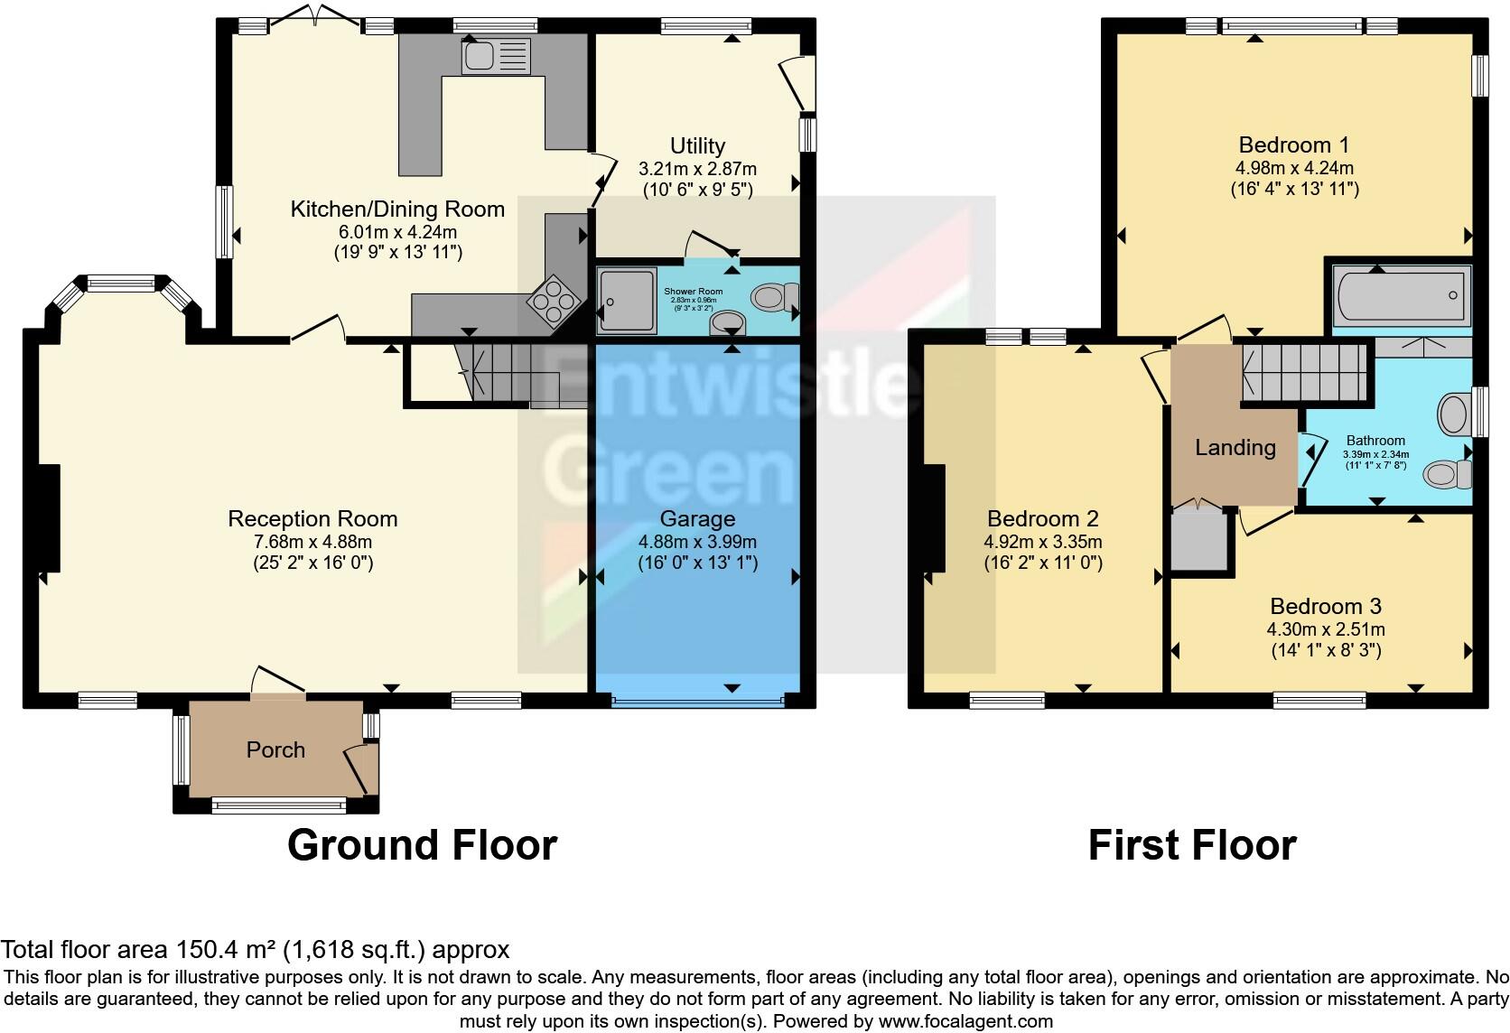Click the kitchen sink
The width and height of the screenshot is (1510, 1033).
click(496, 56)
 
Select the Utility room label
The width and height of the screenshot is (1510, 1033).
click(697, 145)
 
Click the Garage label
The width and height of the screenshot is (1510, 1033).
click(697, 518)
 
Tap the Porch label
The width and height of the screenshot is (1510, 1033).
click(275, 749)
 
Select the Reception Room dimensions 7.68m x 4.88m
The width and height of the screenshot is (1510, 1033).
click(312, 542)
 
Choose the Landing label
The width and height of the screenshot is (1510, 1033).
click(1235, 447)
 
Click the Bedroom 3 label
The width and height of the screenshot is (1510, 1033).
click(1325, 606)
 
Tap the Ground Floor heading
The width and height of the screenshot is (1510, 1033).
click(422, 845)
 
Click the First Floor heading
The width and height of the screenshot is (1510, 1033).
click(1191, 845)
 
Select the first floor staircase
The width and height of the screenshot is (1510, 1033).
click(1302, 374)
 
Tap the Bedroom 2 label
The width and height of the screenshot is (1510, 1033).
click(1042, 518)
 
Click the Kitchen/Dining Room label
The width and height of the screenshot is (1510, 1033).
click(397, 209)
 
